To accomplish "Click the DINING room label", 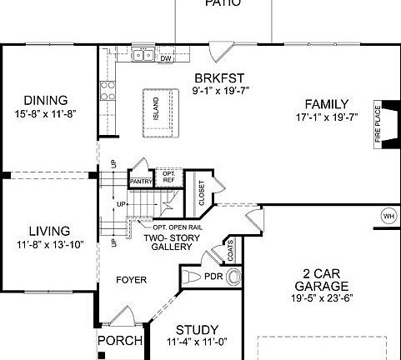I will (45, 99).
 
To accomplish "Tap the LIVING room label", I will (49, 231).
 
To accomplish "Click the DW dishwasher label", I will (165, 58).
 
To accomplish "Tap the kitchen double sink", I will (142, 57).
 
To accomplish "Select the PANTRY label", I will (139, 181).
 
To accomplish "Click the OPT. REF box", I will (168, 177).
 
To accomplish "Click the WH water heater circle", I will (388, 217).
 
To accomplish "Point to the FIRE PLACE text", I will (377, 124).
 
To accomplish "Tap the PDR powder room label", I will (213, 276).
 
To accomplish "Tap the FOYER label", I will (132, 281).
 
